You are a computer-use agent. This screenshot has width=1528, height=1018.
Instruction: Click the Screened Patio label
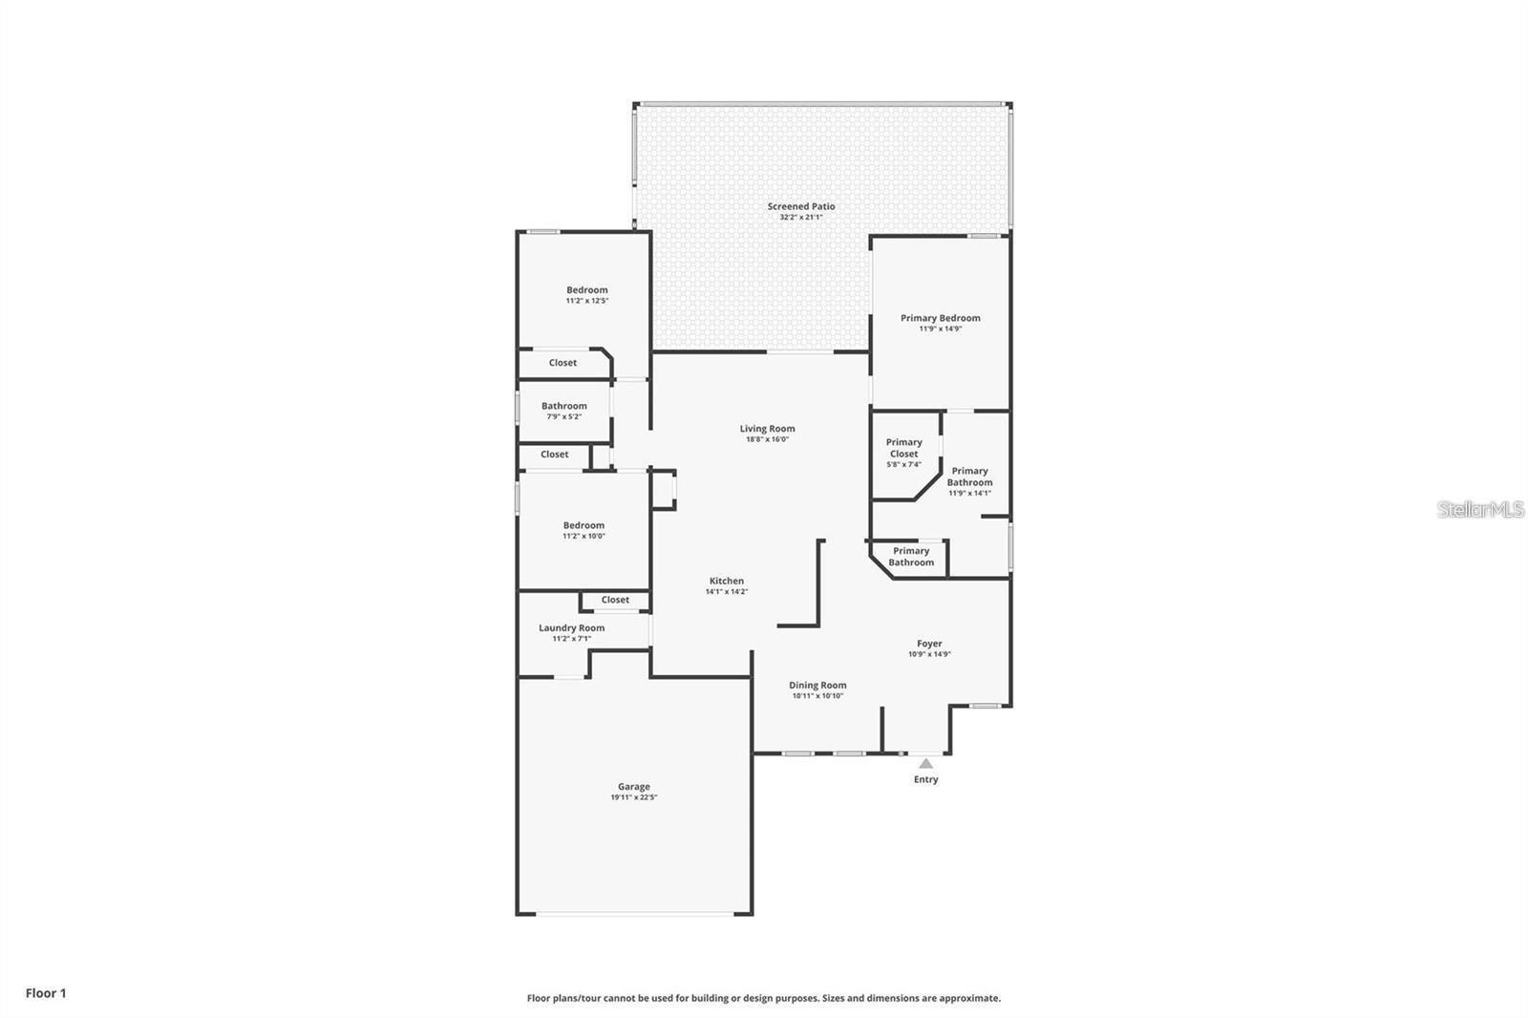(x=801, y=206)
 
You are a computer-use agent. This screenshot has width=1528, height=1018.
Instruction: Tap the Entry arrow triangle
(x=925, y=763)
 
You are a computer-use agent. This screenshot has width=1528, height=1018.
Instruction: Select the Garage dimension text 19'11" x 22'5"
(x=634, y=797)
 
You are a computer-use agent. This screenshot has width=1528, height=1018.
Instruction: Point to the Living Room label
(x=767, y=429)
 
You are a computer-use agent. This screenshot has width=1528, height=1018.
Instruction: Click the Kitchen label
(x=726, y=581)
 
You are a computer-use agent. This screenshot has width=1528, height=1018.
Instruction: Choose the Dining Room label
(x=817, y=685)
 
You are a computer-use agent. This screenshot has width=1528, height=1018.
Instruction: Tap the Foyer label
(x=929, y=644)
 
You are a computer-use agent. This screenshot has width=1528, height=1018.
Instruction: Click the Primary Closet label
(x=903, y=448)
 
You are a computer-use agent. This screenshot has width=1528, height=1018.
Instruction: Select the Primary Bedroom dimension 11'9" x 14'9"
(x=940, y=329)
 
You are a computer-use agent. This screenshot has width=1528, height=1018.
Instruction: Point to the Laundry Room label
(x=571, y=627)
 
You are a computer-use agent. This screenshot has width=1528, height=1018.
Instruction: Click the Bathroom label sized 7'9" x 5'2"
(x=563, y=406)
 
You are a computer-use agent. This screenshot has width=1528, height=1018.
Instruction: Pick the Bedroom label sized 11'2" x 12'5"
(x=586, y=290)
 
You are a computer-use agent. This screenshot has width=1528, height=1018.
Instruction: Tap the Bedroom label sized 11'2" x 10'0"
(x=584, y=525)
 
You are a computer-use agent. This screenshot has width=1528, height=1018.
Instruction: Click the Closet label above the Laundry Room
(x=615, y=600)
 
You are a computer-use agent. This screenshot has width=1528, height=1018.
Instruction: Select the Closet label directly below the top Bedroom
(x=562, y=363)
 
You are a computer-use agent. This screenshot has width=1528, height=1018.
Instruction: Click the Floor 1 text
(x=46, y=993)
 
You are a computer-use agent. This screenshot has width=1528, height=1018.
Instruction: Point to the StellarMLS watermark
(x=1480, y=509)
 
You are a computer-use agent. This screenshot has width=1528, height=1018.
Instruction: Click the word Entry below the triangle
(x=925, y=779)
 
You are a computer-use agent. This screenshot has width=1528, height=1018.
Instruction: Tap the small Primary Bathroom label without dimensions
(x=911, y=557)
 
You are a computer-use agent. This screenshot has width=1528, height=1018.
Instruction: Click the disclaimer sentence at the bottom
(x=764, y=998)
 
